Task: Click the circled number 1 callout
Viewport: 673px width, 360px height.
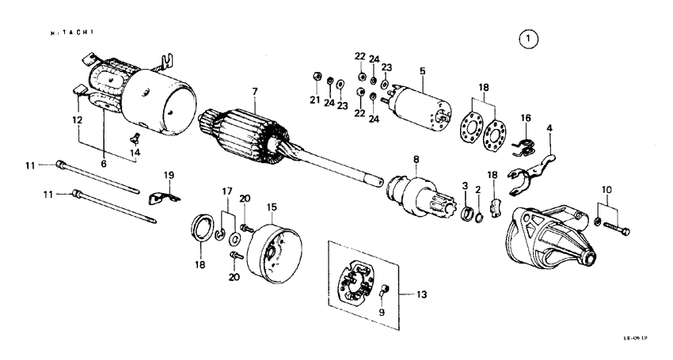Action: coord(528,38)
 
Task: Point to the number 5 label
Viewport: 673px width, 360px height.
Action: coord(423,71)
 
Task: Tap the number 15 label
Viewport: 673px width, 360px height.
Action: coord(271,207)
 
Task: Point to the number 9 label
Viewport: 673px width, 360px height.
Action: coord(382,312)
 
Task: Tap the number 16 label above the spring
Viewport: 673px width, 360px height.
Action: coord(524,118)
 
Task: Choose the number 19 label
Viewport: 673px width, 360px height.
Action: coord(168,174)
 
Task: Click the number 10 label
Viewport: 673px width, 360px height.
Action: coord(607,190)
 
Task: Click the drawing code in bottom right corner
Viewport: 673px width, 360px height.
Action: coord(634,338)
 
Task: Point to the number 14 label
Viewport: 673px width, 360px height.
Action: coord(135,152)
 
